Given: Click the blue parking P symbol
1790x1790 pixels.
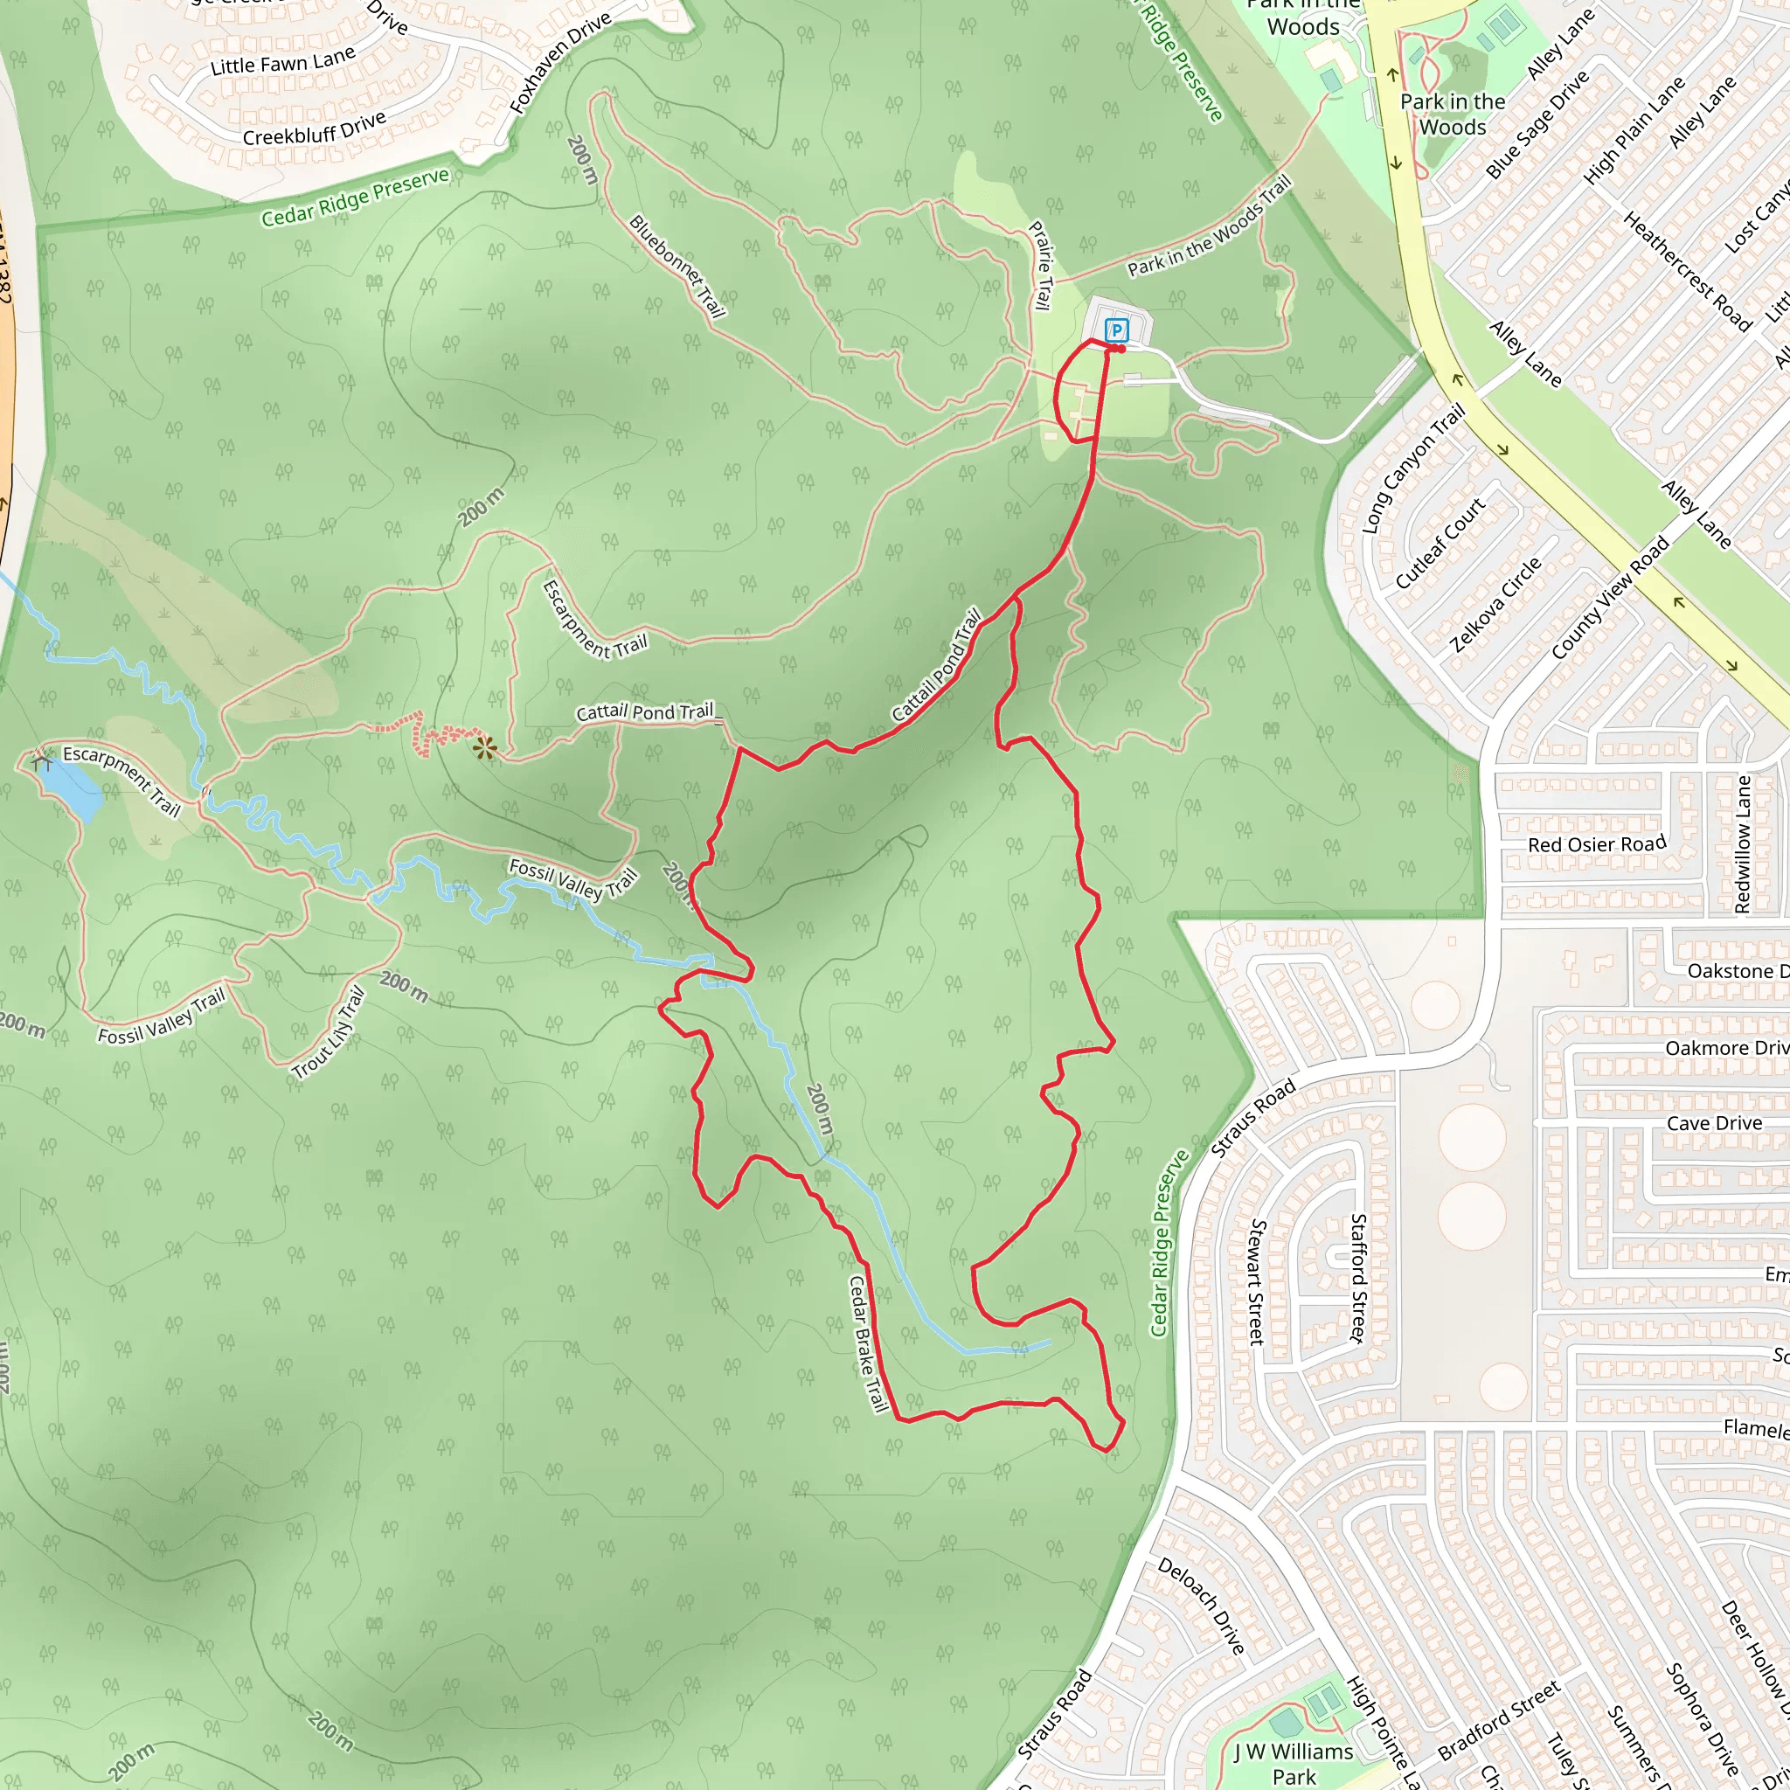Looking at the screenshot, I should [1117, 330].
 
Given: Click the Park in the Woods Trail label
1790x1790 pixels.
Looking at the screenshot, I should [1209, 228].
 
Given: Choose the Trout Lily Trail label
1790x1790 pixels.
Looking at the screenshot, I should [329, 1034].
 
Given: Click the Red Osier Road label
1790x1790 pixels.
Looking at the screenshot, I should [1596, 844].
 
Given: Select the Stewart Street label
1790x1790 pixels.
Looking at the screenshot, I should [1257, 1282].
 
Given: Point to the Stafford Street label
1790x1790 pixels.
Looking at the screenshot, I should [1357, 1278].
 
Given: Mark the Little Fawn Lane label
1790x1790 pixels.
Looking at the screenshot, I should [282, 62].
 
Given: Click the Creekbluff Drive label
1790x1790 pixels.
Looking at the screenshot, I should [314, 129].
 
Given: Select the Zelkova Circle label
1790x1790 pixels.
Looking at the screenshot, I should [1495, 604].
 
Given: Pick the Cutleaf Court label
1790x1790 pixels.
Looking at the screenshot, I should [1440, 543].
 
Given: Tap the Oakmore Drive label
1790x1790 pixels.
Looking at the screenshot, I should [1725, 1048].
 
